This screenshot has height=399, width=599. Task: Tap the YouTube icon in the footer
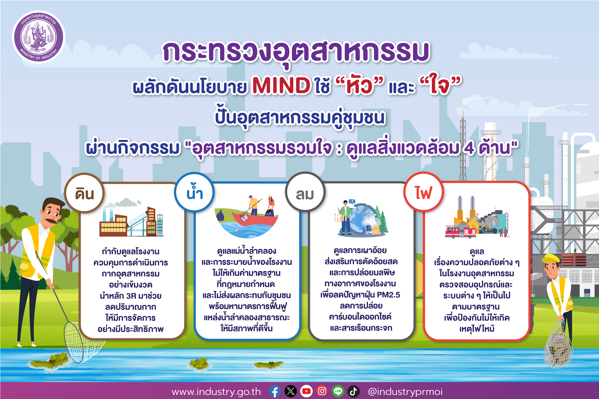click(306, 391)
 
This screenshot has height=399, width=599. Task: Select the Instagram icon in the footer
click(322, 391)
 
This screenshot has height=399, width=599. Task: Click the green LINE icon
click(338, 391)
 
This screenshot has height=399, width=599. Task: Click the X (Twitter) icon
click(291, 391)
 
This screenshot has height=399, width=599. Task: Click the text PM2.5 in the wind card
click(388, 295)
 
